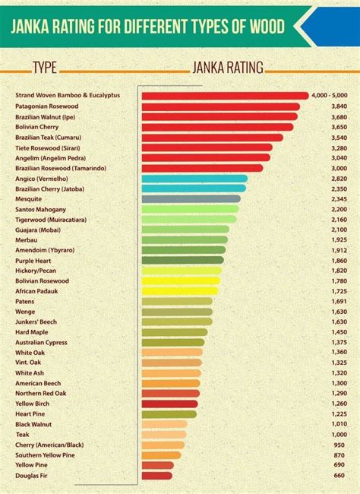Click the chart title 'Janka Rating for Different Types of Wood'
[148, 27]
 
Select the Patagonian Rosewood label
[47, 106]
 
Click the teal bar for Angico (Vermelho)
[194, 178]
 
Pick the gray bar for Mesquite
[191, 198]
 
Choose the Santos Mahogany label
[41, 209]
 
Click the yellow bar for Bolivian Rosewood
[182, 280]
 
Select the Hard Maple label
[33, 331]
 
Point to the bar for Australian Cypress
[173, 342]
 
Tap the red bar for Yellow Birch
[170, 404]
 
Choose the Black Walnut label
[35, 424]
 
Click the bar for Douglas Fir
[157, 476]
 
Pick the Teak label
[23, 434]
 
